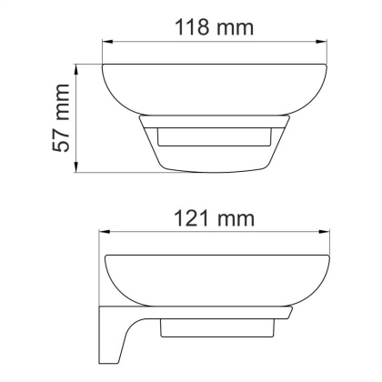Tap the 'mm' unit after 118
pos(236,26)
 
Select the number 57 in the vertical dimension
pos(62,146)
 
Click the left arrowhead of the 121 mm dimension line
pos(101,235)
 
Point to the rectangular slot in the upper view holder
pos(214,138)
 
